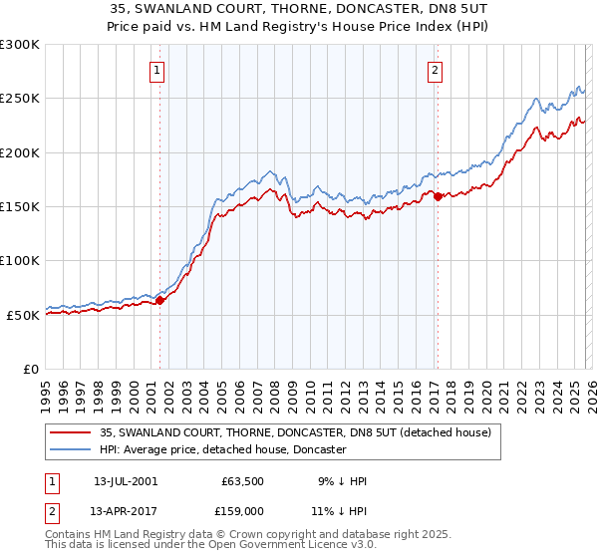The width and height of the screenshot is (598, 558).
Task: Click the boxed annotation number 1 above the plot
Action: (x=158, y=70)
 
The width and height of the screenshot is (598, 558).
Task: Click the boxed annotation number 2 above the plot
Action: (x=436, y=70)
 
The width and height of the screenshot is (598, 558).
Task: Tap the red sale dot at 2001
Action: (x=159, y=300)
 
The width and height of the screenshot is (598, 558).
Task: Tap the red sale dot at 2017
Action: (x=438, y=196)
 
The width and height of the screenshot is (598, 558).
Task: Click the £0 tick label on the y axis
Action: (x=30, y=369)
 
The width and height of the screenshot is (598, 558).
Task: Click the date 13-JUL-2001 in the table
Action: (x=125, y=481)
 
